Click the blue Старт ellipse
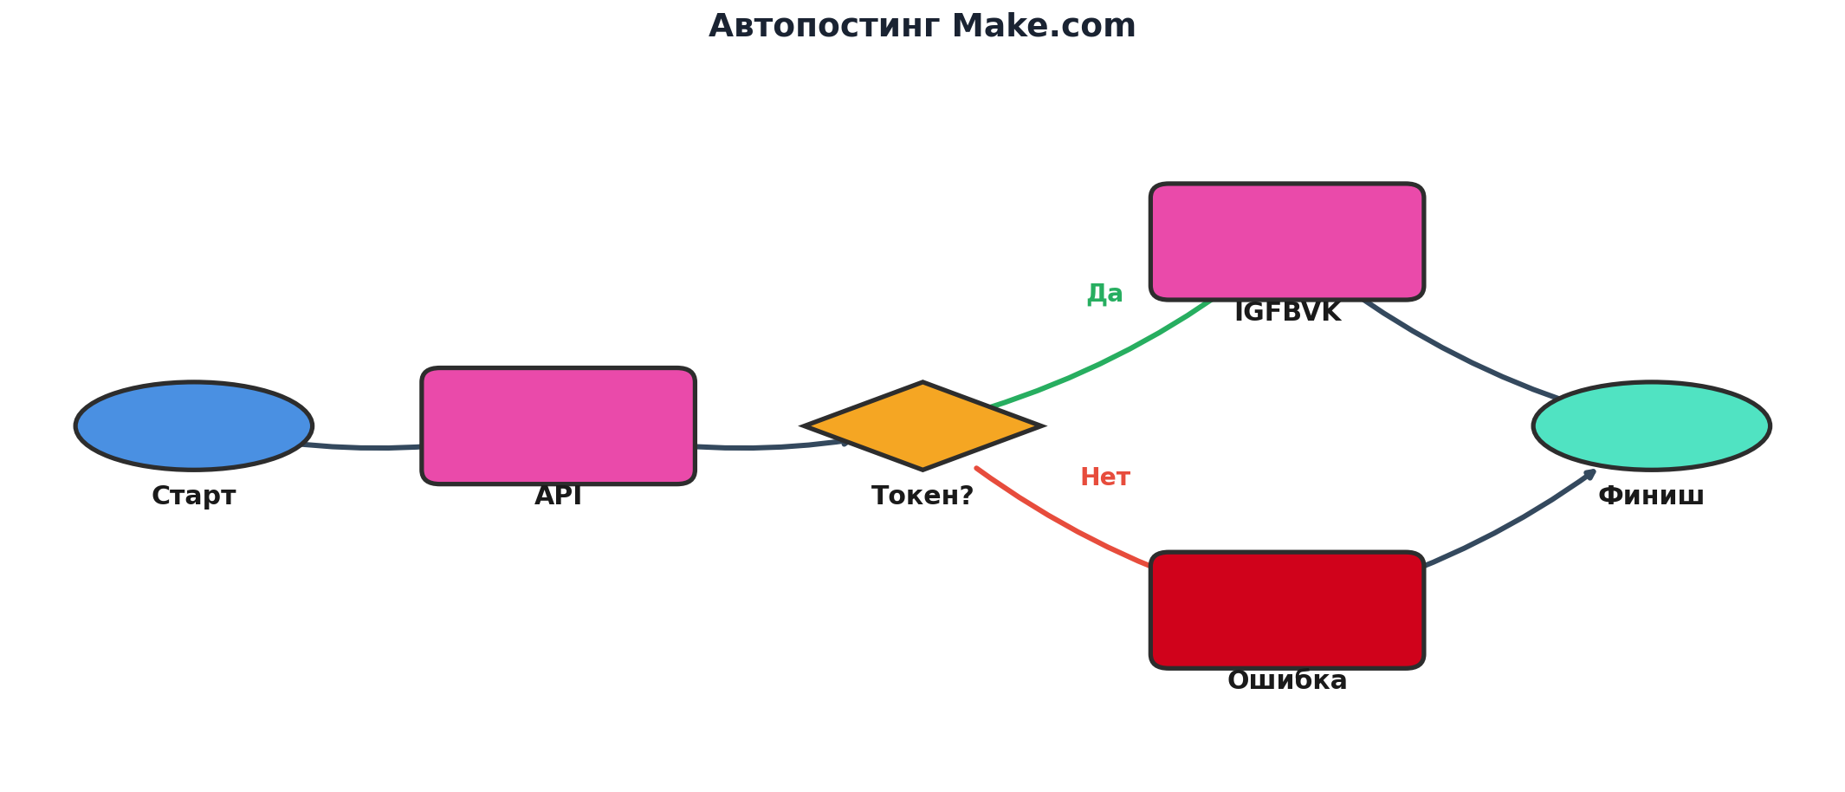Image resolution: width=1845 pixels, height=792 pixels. pyautogui.click(x=194, y=425)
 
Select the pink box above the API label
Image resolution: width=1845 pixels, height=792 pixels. pyautogui.click(x=558, y=425)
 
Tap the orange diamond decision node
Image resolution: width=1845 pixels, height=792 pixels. pyautogui.click(x=922, y=425)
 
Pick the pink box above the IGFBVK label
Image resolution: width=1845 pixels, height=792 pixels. pyautogui.click(x=1287, y=242)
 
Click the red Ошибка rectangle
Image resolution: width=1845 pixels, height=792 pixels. pyautogui.click(x=1287, y=610)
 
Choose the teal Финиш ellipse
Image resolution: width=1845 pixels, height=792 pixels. pyautogui.click(x=1651, y=425)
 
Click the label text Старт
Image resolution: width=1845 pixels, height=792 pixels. pyautogui.click(x=194, y=497)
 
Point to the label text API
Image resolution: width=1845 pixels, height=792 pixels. pyautogui.click(x=558, y=497)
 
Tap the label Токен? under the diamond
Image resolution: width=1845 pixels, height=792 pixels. pyautogui.click(x=922, y=497)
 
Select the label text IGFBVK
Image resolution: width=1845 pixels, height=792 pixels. pyautogui.click(x=1287, y=313)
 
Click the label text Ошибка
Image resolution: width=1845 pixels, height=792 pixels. pyautogui.click(x=1287, y=681)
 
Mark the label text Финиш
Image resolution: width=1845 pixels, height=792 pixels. pyautogui.click(x=1651, y=497)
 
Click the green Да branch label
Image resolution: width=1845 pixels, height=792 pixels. pyautogui.click(x=1104, y=294)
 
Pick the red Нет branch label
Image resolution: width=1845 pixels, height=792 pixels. pyautogui.click(x=1104, y=477)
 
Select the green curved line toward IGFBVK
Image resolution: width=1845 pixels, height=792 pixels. pyautogui.click(x=1109, y=360)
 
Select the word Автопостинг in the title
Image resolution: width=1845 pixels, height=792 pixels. pyautogui.click(x=824, y=26)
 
